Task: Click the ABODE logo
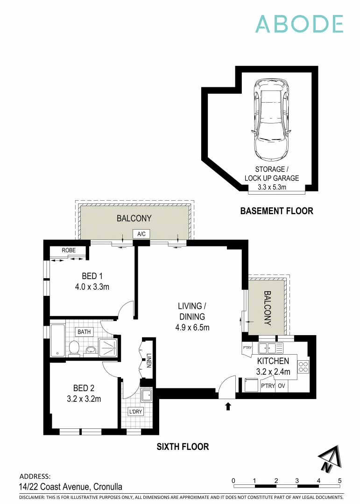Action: click(x=299, y=24)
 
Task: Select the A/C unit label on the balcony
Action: click(x=141, y=234)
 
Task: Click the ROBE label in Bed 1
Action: click(x=69, y=251)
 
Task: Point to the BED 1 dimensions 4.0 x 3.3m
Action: click(x=92, y=287)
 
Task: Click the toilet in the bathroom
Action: click(x=74, y=348)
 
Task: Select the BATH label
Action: click(x=84, y=332)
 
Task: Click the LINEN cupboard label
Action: click(x=149, y=359)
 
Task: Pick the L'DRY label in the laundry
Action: click(x=135, y=412)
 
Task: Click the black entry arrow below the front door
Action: click(x=228, y=406)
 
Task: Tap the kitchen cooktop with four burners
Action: click(x=304, y=367)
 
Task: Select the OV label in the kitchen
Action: click(x=282, y=386)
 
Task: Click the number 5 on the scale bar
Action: click(x=340, y=480)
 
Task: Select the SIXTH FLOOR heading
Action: click(x=183, y=447)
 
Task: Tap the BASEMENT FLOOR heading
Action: click(x=276, y=211)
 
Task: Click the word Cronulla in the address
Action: click(x=108, y=487)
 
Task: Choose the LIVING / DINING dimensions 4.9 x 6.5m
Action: click(x=192, y=327)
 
